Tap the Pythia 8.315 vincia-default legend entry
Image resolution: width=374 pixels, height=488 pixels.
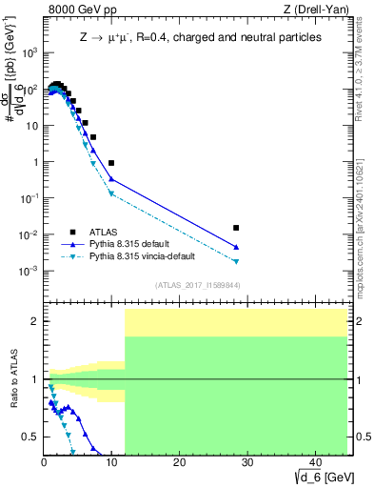pyautogui.click(x=138, y=257)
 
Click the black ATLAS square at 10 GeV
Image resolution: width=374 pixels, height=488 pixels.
pyautogui.click(x=111, y=163)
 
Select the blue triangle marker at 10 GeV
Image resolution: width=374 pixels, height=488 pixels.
pyautogui.click(x=111, y=178)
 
